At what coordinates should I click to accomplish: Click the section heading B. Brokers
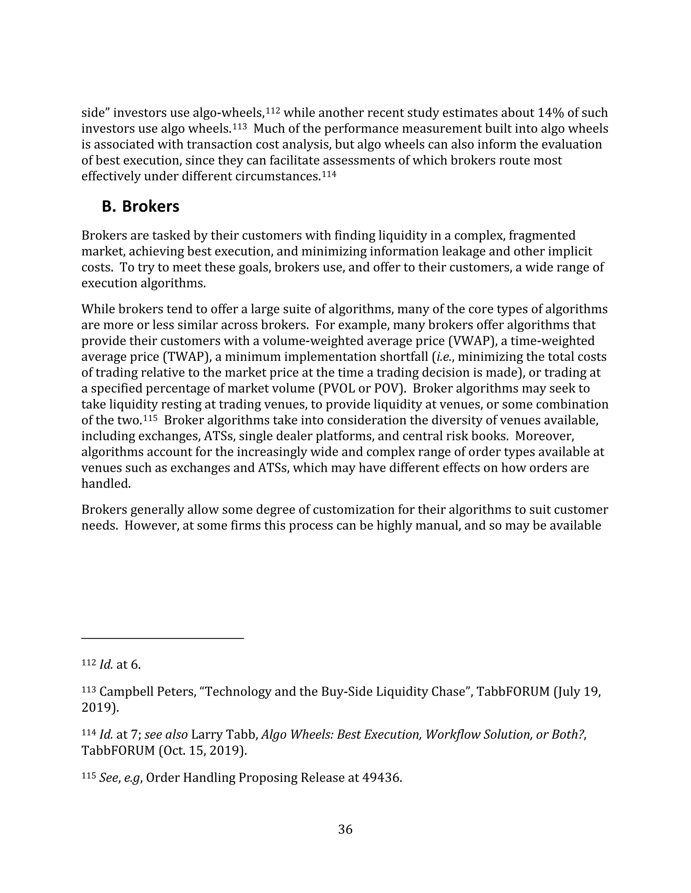tap(140, 207)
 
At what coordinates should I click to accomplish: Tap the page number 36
tap(345, 829)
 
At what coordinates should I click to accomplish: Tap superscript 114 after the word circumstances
tap(329, 174)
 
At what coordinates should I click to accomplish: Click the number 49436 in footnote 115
tap(380, 778)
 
